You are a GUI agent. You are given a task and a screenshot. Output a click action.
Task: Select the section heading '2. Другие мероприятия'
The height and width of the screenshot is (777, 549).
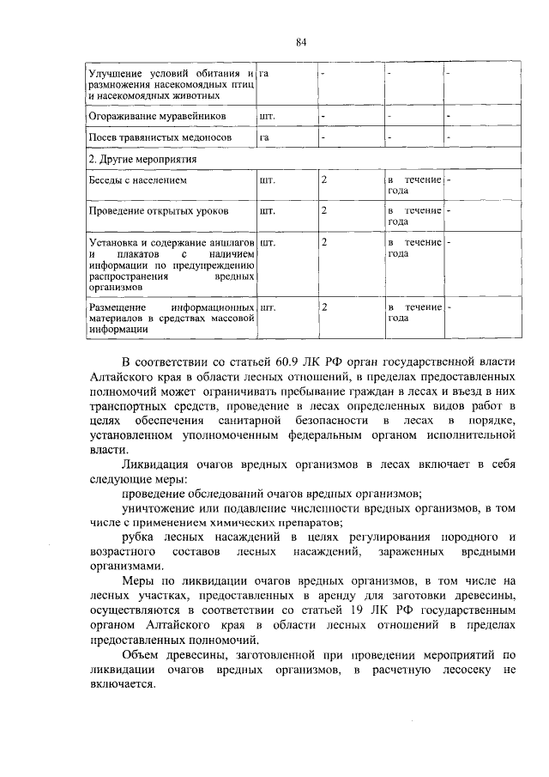[x=142, y=160]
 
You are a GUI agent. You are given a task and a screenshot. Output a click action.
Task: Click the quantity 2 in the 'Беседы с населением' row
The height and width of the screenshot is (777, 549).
[x=324, y=180]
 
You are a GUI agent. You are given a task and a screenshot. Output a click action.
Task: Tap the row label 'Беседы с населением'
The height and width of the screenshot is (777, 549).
[x=137, y=181]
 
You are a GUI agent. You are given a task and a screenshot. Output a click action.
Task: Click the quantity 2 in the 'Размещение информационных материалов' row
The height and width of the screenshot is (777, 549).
[x=324, y=307]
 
